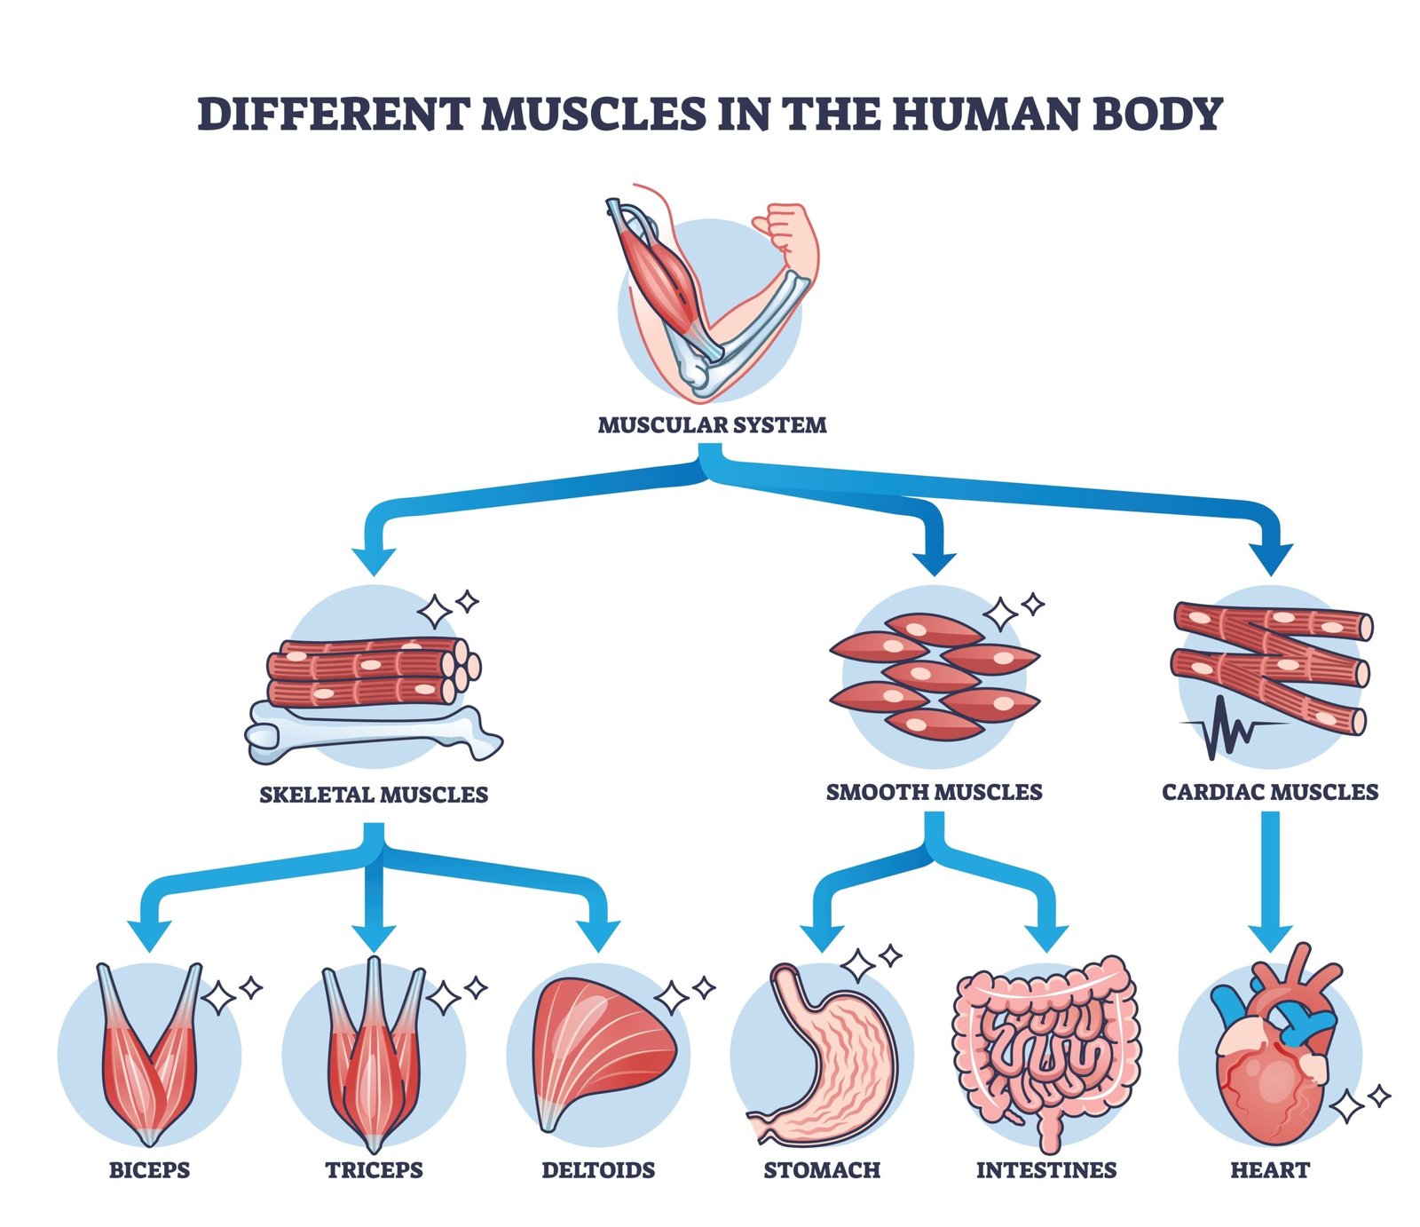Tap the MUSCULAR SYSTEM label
point(712,425)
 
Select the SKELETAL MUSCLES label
point(374,795)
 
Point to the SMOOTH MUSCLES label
point(934,792)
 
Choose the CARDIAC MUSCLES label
point(1270,792)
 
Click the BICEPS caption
point(149,1170)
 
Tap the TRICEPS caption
point(374,1170)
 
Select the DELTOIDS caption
point(598,1170)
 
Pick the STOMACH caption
point(822,1170)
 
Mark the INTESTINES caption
point(1046,1170)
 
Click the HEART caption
point(1270,1170)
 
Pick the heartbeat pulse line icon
point(1229,728)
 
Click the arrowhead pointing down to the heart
point(1270,938)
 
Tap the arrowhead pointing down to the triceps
point(374,938)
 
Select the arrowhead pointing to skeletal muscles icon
point(374,560)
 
